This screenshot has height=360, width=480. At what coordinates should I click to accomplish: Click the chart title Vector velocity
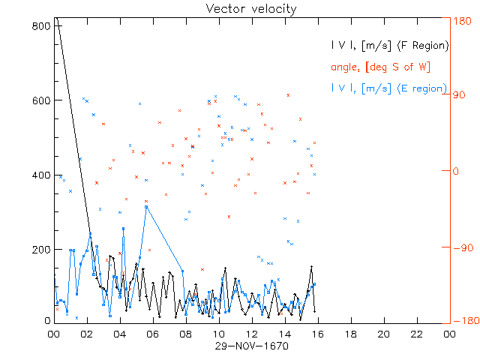click(251, 9)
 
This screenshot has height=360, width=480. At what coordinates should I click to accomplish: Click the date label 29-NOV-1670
click(251, 346)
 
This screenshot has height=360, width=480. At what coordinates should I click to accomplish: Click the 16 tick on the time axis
click(318, 334)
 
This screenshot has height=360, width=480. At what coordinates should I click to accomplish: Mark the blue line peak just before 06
click(146, 206)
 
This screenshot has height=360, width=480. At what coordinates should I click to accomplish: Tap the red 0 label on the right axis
click(454, 171)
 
